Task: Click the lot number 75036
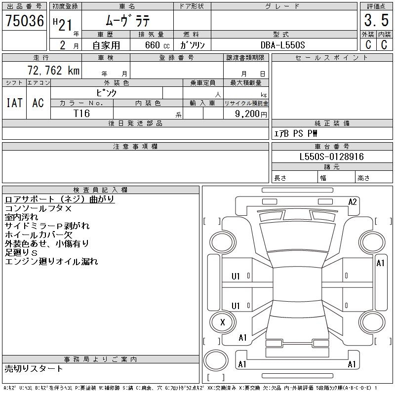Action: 25,21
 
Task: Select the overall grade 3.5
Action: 376,20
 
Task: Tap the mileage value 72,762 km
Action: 53,70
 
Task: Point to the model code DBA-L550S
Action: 282,45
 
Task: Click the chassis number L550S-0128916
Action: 331,157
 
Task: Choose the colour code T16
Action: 81,114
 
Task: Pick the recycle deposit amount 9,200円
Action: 251,114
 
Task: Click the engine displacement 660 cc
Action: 157,45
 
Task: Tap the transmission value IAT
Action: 14,103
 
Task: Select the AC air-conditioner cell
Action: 38,103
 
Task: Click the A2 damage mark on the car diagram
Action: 353,202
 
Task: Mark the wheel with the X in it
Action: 223,322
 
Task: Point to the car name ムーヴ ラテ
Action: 128,20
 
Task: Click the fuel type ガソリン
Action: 192,45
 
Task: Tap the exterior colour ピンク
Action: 107,93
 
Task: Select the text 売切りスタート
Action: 34,368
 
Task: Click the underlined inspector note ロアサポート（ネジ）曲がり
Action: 60,199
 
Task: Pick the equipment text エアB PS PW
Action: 295,133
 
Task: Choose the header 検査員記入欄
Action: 100,190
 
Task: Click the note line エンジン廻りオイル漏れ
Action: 51,262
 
